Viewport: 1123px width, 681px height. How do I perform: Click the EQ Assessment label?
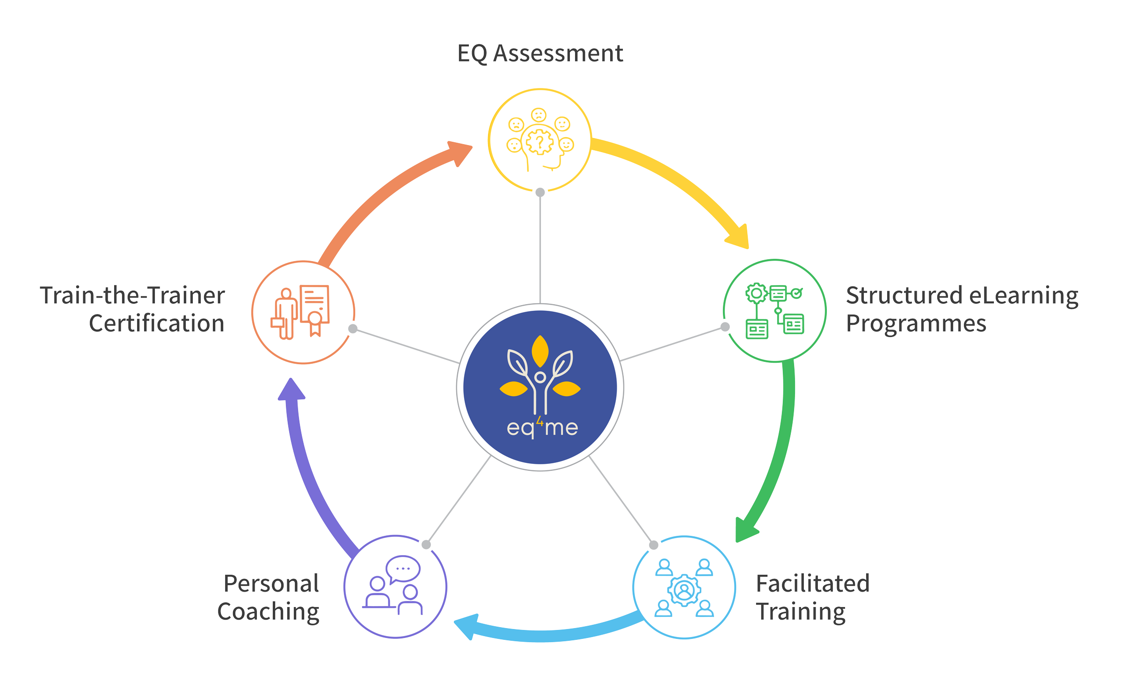point(540,53)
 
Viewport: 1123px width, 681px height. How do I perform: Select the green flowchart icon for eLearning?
point(774,311)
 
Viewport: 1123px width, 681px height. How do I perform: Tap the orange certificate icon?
point(302,312)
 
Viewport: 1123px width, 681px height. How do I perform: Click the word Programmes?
point(916,324)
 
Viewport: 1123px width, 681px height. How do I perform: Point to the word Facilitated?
point(813,584)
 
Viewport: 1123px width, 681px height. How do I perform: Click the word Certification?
point(157,324)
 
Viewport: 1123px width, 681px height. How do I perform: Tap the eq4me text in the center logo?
point(542,427)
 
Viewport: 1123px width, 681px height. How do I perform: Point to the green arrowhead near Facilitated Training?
point(744,531)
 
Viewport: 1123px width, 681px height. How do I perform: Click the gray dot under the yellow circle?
point(540,192)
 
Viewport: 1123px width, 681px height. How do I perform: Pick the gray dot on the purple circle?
point(426,544)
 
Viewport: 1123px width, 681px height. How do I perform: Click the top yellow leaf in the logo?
point(540,351)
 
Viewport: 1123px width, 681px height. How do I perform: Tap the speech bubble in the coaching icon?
point(403,568)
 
